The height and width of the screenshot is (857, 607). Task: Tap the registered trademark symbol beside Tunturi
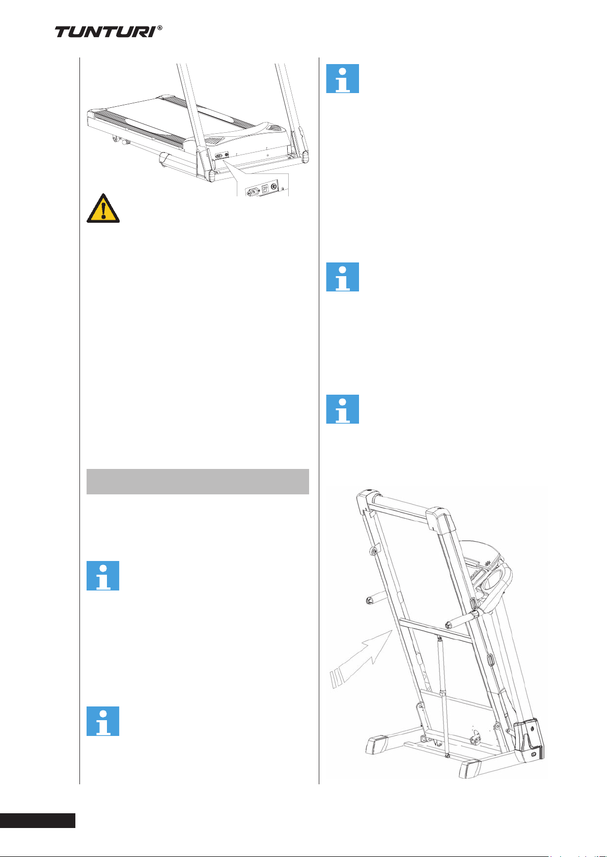point(160,28)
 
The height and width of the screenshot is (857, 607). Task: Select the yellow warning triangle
point(103,208)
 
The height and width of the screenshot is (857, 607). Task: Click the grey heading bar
point(198,481)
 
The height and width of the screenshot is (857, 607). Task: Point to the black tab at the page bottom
point(38,820)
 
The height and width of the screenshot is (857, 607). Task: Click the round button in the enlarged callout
point(276,188)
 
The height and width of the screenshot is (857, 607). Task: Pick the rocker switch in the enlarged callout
point(265,190)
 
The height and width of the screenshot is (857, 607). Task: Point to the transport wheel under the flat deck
point(113,139)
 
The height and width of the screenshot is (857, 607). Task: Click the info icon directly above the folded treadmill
point(342,409)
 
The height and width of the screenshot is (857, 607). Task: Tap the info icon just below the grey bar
point(103,576)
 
